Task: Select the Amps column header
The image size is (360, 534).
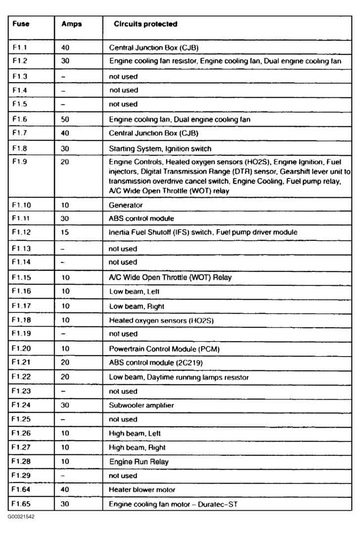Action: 71,24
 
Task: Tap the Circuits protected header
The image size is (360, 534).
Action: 146,24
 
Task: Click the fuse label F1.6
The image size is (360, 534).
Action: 19,119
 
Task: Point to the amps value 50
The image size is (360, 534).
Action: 65,119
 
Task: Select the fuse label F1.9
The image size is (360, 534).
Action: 19,161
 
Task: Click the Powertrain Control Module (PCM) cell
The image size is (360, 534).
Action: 158,349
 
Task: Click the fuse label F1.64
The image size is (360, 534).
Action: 20,490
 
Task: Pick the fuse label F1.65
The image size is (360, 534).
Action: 20,504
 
